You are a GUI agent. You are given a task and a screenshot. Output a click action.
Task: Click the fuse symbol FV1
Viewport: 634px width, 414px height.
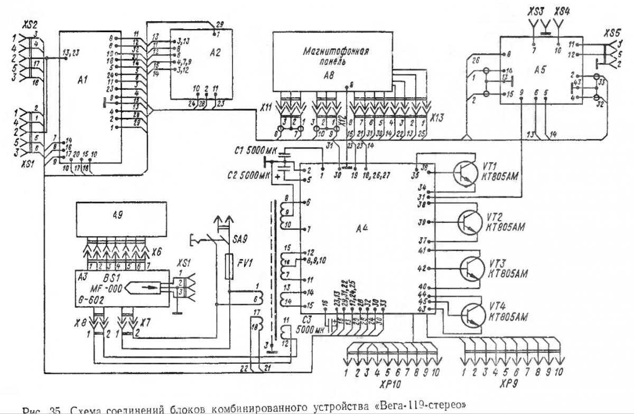coord(229,267)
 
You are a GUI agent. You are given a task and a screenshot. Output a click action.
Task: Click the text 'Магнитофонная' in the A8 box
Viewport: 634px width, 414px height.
coord(335,52)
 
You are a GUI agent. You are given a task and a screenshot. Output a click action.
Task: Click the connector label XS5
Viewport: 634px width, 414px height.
coord(615,33)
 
